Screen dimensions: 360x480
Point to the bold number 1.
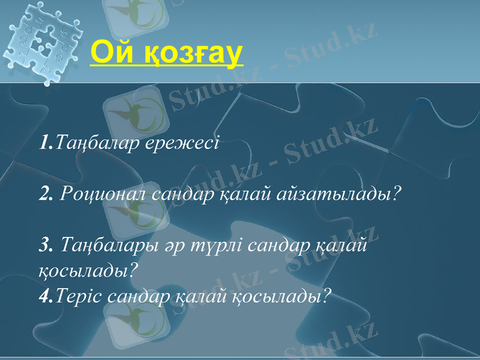(x=45, y=144)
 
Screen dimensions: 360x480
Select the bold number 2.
(x=46, y=194)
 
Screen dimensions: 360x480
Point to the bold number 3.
(x=46, y=245)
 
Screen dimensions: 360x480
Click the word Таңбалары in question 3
(x=107, y=245)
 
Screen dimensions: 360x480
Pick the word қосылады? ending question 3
(x=88, y=271)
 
